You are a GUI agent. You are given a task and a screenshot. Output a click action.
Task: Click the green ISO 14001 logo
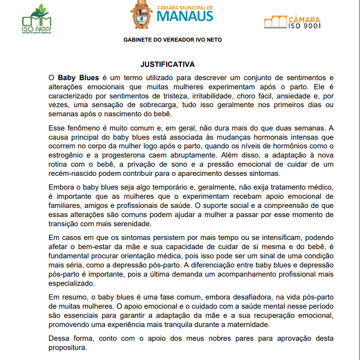pos(37,20)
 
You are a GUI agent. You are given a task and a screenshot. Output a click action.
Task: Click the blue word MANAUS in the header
pos(185,16)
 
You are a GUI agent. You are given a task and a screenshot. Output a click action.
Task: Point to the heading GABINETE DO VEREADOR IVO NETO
pos(172,40)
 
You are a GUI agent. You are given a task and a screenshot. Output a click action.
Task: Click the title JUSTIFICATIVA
pos(167,64)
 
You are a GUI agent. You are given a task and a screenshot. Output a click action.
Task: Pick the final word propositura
pos(67,347)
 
